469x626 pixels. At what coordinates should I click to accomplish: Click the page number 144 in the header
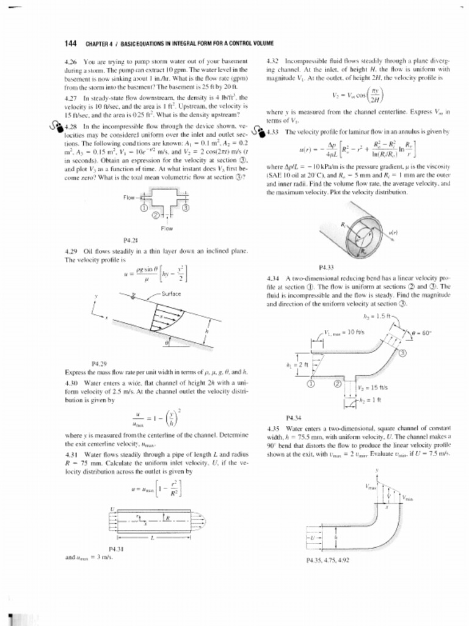70,43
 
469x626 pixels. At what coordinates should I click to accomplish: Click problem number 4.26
71,62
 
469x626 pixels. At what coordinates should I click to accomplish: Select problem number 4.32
275,62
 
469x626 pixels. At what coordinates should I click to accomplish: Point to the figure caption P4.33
327,268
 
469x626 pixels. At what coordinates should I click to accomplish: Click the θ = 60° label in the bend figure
421,333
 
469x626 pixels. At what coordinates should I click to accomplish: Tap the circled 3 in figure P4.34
403,353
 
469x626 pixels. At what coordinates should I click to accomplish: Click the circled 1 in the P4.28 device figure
145,207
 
